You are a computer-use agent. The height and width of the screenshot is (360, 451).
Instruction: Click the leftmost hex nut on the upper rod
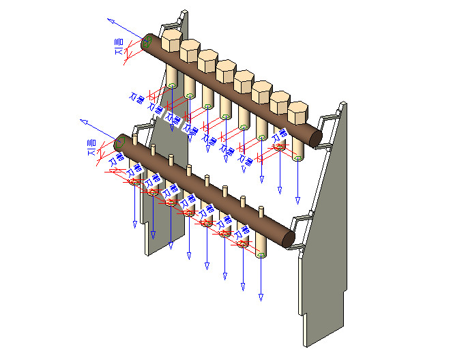click(171, 38)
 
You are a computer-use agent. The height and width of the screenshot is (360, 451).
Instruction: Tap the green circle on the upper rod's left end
click(146, 42)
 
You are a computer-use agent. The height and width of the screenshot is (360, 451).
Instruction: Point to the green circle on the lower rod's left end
click(119, 143)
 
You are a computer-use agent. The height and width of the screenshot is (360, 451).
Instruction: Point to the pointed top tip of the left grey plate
click(183, 11)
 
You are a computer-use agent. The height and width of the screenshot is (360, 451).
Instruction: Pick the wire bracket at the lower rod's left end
click(139, 128)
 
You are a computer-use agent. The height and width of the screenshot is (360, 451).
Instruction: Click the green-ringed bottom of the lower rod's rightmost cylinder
click(260, 256)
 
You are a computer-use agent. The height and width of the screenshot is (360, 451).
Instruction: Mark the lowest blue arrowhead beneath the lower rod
click(261, 297)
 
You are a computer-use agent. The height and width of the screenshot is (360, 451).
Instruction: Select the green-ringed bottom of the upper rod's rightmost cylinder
click(297, 157)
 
